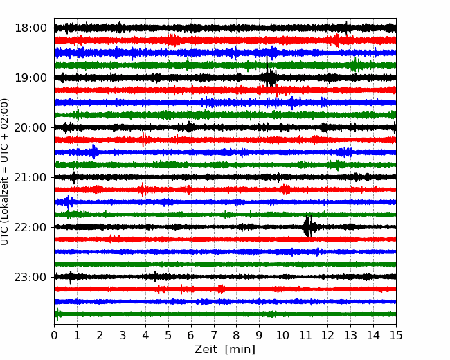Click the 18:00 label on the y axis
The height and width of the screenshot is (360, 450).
tap(30, 28)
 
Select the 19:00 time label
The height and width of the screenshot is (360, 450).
tap(30, 78)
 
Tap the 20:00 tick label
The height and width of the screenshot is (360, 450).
tap(30, 127)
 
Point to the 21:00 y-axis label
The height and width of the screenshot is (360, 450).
tap(30, 177)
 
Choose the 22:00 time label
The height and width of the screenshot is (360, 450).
tap(30, 227)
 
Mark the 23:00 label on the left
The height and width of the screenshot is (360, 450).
tap(30, 277)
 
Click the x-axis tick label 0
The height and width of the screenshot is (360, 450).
tap(54, 335)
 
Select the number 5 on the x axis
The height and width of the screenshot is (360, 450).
tap(168, 335)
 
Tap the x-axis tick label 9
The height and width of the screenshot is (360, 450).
tap(260, 335)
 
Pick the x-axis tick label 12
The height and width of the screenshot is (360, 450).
tap(327, 335)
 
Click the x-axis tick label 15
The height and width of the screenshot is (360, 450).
tap(396, 335)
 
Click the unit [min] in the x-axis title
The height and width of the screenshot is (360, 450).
tap(240, 350)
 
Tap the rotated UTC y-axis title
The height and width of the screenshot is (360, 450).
tap(4, 172)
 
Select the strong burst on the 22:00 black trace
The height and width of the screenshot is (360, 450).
tap(308, 226)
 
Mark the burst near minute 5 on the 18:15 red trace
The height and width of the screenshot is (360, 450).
tap(173, 40)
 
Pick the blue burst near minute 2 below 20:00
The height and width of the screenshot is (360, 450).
tap(93, 152)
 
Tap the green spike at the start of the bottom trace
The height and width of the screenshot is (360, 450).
tap(57, 314)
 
